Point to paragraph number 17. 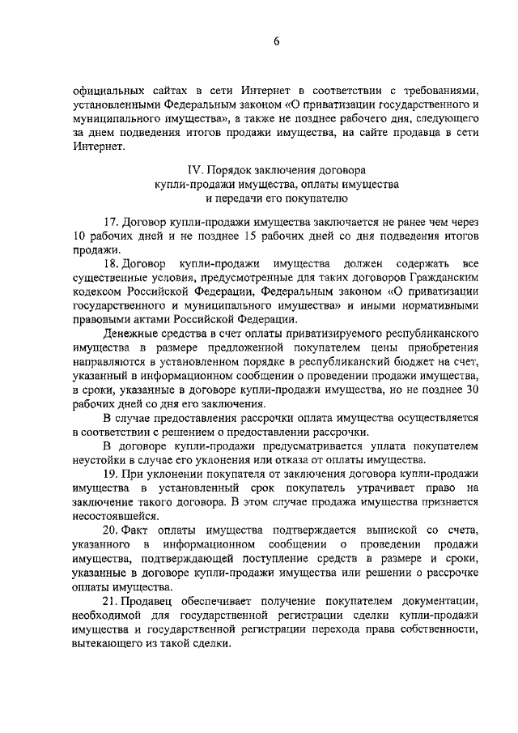(x=112, y=223)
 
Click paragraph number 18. (x=112, y=264)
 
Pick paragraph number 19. (x=112, y=472)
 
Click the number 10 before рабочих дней (x=79, y=237)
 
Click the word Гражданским (x=444, y=278)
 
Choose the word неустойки (x=100, y=458)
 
